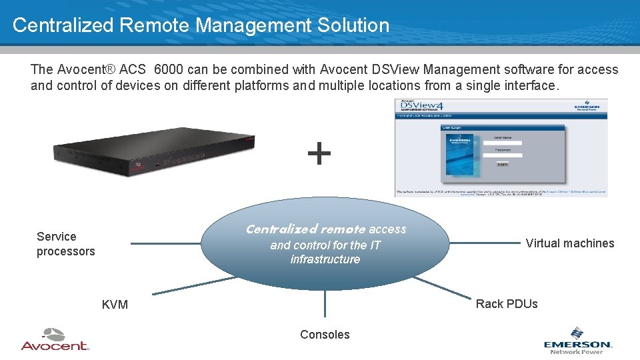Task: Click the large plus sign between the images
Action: click(319, 153)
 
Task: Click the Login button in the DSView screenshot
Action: click(502, 163)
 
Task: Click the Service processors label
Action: click(65, 244)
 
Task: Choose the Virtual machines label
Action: click(570, 243)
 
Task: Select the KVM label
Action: click(115, 305)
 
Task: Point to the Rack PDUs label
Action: click(507, 304)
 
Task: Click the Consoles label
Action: click(325, 335)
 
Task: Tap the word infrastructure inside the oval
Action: click(325, 259)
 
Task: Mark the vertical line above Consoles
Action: click(325, 303)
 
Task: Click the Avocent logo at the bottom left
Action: click(55, 340)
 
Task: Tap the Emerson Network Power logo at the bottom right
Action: click(577, 341)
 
